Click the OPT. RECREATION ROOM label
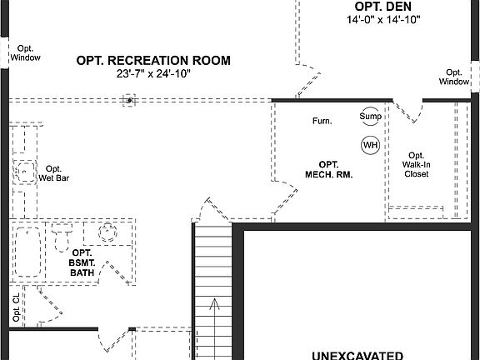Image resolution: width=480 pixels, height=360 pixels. coord(153,60)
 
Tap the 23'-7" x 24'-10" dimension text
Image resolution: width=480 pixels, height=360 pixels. coord(153,73)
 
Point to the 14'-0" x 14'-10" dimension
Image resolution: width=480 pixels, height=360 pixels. coord(383,19)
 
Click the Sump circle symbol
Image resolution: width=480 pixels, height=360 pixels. coord(370,117)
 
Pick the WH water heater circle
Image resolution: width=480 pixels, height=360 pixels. coord(370,145)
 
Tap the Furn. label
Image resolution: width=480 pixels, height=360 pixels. coord(322,122)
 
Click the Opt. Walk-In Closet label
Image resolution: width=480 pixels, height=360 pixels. coord(417,164)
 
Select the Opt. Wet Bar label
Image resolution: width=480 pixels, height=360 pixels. coord(53,172)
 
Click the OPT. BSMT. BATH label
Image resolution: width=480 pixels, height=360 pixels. coord(82,262)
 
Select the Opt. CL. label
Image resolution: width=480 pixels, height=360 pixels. coord(16,308)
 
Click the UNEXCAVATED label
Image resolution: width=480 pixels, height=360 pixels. coord(359,354)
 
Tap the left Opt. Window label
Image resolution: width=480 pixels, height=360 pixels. coord(24,53)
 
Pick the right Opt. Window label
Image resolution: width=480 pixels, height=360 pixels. coord(454,77)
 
